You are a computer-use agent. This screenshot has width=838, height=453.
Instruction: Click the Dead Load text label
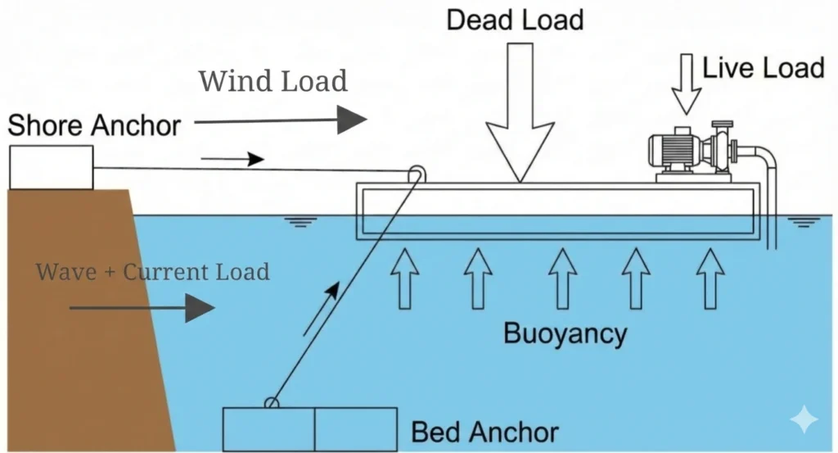(x=515, y=19)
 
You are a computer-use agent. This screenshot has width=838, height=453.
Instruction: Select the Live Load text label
(x=764, y=67)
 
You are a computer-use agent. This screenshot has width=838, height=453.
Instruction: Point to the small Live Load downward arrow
(x=687, y=85)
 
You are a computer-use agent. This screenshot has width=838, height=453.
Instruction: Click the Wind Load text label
(x=273, y=81)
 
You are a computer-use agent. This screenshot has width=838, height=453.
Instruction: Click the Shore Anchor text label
(x=94, y=125)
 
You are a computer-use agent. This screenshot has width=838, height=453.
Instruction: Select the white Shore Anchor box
(x=51, y=167)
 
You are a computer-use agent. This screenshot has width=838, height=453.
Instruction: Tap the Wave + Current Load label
(x=153, y=272)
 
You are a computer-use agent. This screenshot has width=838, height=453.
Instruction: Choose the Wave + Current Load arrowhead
(x=198, y=308)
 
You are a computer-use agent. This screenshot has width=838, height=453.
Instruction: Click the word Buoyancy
(x=565, y=333)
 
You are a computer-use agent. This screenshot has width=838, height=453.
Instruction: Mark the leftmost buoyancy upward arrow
(x=403, y=279)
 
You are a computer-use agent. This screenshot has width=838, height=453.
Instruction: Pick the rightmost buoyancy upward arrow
(x=710, y=279)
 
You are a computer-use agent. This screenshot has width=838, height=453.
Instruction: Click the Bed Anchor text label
(x=484, y=432)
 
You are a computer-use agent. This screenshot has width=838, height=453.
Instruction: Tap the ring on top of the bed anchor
(x=271, y=402)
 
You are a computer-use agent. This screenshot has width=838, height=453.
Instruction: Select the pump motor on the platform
(x=674, y=151)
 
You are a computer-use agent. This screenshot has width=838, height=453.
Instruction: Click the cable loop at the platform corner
(x=417, y=173)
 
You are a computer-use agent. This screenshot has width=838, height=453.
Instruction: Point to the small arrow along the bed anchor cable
(x=320, y=309)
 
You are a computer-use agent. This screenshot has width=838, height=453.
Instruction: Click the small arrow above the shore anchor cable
(x=233, y=159)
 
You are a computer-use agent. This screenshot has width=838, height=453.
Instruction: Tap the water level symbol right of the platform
(x=804, y=221)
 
